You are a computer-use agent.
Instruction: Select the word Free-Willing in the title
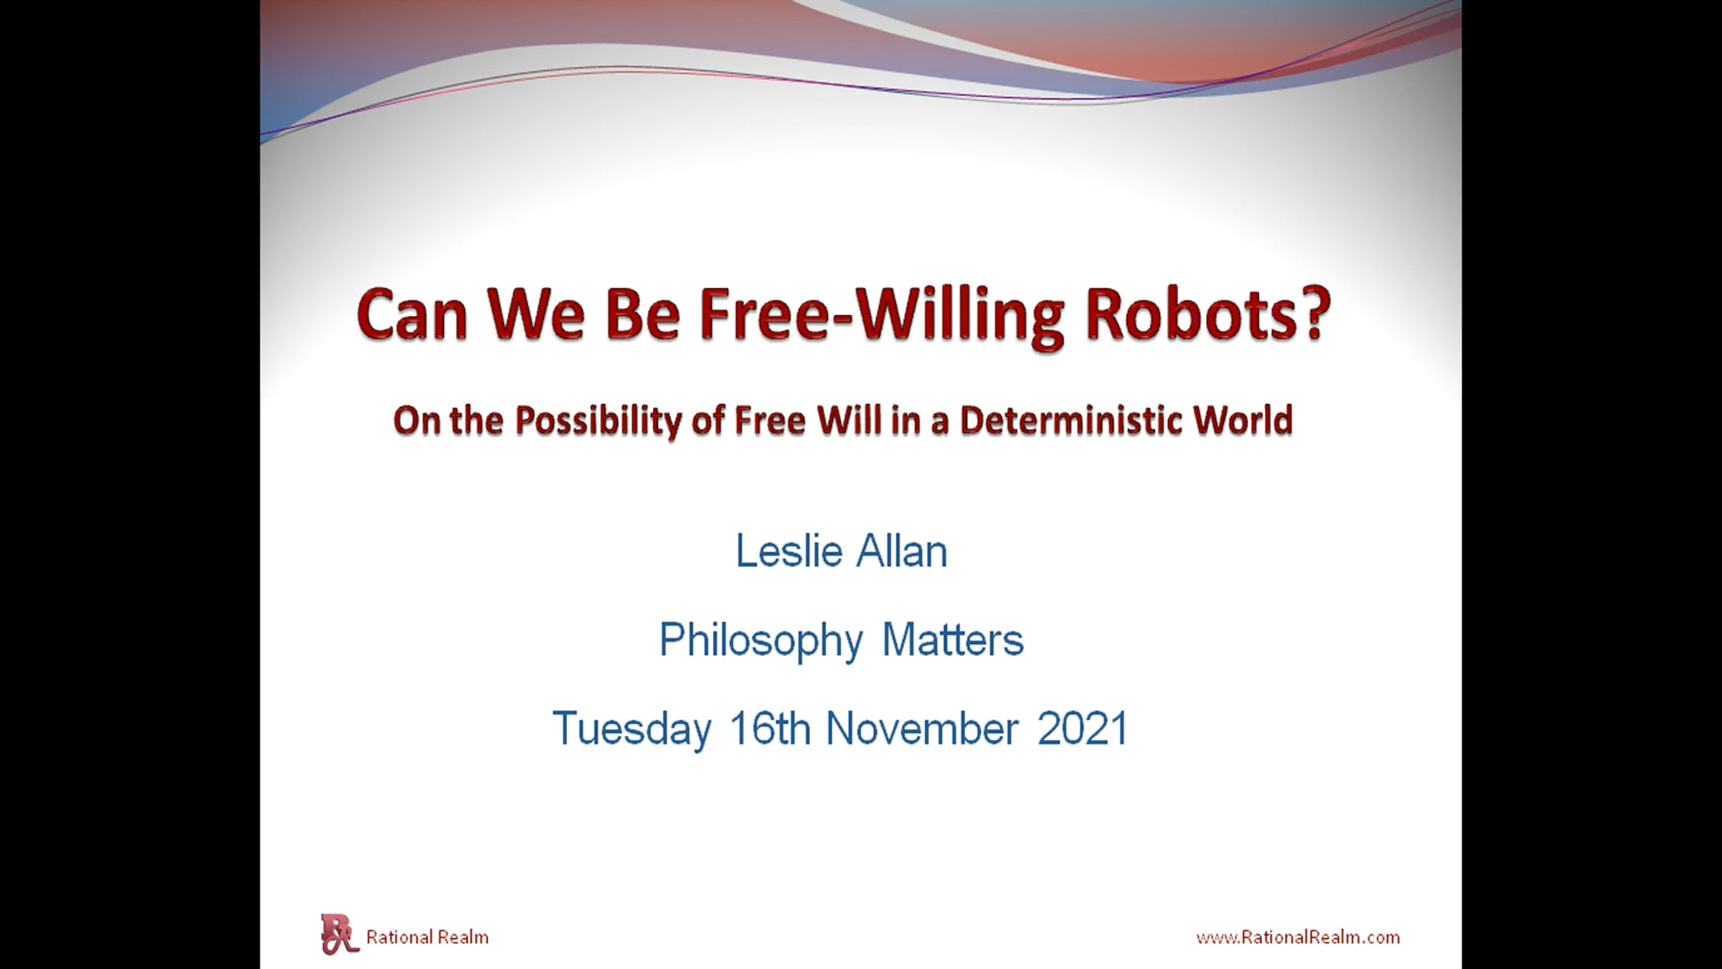pos(881,317)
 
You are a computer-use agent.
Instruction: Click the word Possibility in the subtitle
pos(598,421)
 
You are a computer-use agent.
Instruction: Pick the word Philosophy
pos(761,640)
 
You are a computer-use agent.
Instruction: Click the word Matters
pos(953,640)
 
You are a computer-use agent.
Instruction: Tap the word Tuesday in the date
pos(632,729)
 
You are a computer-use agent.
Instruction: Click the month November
pos(922,729)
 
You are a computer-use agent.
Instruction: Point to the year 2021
pos(1083,729)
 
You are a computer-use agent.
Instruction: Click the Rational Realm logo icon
pos(339,934)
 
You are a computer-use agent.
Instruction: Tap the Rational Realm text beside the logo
pos(428,937)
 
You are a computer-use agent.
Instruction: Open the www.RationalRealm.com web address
pos(1298,937)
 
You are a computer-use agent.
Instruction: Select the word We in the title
pos(535,316)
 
